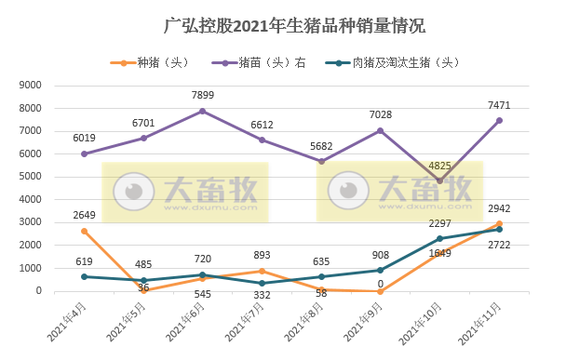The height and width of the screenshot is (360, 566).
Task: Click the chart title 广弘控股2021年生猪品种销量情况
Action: tap(282, 25)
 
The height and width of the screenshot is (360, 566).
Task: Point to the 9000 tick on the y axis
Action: tap(32, 85)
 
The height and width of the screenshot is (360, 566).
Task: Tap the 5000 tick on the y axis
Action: tap(32, 177)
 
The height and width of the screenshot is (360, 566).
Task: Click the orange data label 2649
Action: tap(84, 214)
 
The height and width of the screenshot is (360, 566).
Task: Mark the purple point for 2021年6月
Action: tap(202, 111)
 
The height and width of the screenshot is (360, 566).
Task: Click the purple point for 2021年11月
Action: tap(499, 120)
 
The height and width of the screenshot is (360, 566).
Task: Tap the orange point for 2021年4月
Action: tap(84, 231)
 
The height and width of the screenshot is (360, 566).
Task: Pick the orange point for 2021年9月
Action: tap(381, 291)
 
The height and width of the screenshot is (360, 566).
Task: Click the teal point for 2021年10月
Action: tap(439, 239)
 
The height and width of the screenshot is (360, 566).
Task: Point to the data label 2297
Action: tap(439, 222)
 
